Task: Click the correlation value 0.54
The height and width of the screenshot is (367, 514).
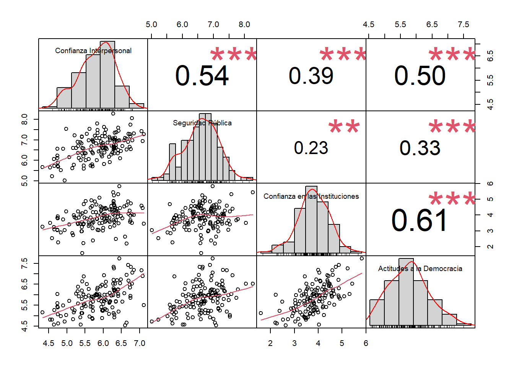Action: [202, 76]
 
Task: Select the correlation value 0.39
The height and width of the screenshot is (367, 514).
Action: [311, 76]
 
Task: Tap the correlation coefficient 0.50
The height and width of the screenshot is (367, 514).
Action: [420, 76]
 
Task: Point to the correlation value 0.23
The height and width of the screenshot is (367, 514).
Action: [311, 148]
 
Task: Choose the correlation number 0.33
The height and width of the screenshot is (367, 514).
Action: [420, 148]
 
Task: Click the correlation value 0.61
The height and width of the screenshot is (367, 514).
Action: [419, 221]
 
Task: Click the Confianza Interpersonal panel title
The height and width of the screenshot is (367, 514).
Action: [93, 50]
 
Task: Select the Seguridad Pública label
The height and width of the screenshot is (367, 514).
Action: [202, 123]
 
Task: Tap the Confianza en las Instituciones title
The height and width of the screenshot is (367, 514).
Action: [311, 196]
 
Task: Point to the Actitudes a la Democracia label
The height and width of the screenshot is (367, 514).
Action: [420, 268]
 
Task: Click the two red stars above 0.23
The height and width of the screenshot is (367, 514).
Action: [344, 127]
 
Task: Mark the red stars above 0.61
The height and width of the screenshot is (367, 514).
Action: [452, 199]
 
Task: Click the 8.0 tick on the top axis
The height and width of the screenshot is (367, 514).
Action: [244, 24]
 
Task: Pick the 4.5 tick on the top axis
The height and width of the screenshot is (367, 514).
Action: [368, 24]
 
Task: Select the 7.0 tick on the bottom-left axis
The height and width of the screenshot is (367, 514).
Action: [140, 343]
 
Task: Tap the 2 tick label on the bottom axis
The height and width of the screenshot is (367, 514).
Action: [270, 343]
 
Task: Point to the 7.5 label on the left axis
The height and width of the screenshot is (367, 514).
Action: [24, 263]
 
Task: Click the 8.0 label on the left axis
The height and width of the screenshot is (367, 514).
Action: [24, 119]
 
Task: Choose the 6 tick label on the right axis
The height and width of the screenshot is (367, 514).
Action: [490, 183]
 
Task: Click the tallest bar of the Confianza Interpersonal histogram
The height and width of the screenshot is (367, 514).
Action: [107, 75]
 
